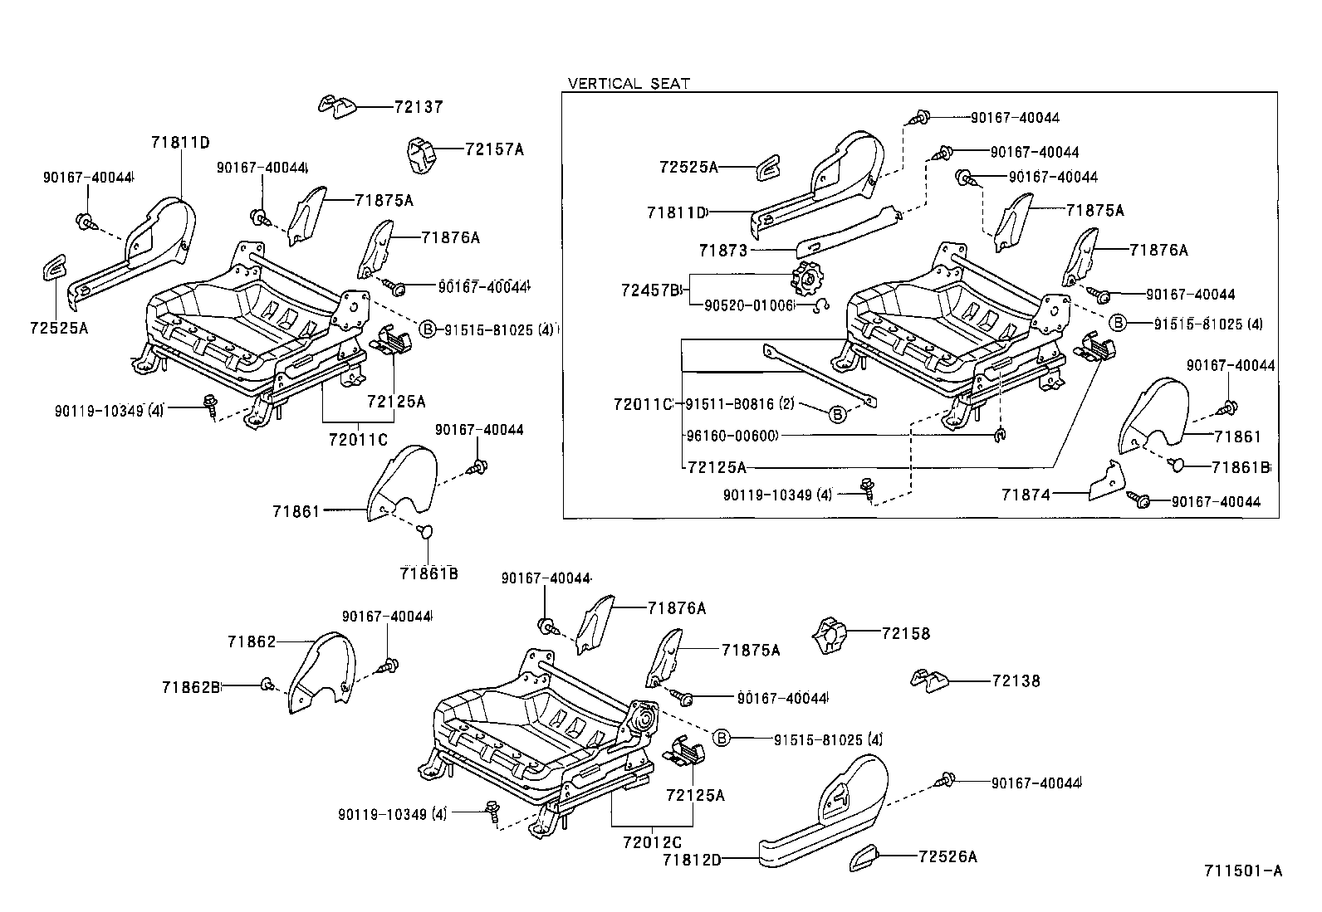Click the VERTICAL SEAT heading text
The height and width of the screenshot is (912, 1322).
point(629,84)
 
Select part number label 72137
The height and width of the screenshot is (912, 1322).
point(419,107)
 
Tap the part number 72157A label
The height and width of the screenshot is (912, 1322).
point(494,149)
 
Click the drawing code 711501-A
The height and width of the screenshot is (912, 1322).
point(1243,871)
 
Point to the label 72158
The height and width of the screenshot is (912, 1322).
point(906,633)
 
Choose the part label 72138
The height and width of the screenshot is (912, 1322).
point(1016,681)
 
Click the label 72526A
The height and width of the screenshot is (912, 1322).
point(947,856)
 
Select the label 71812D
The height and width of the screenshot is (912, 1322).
point(692,860)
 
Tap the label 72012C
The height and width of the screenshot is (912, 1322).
point(651,841)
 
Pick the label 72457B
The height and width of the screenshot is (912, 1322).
point(650,290)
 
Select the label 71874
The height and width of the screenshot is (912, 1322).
point(1026,495)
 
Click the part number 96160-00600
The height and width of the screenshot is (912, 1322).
point(731,436)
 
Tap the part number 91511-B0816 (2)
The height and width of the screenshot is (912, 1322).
point(741,404)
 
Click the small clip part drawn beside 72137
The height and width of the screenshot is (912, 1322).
point(337,106)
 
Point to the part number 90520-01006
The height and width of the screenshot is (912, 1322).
point(749,305)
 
